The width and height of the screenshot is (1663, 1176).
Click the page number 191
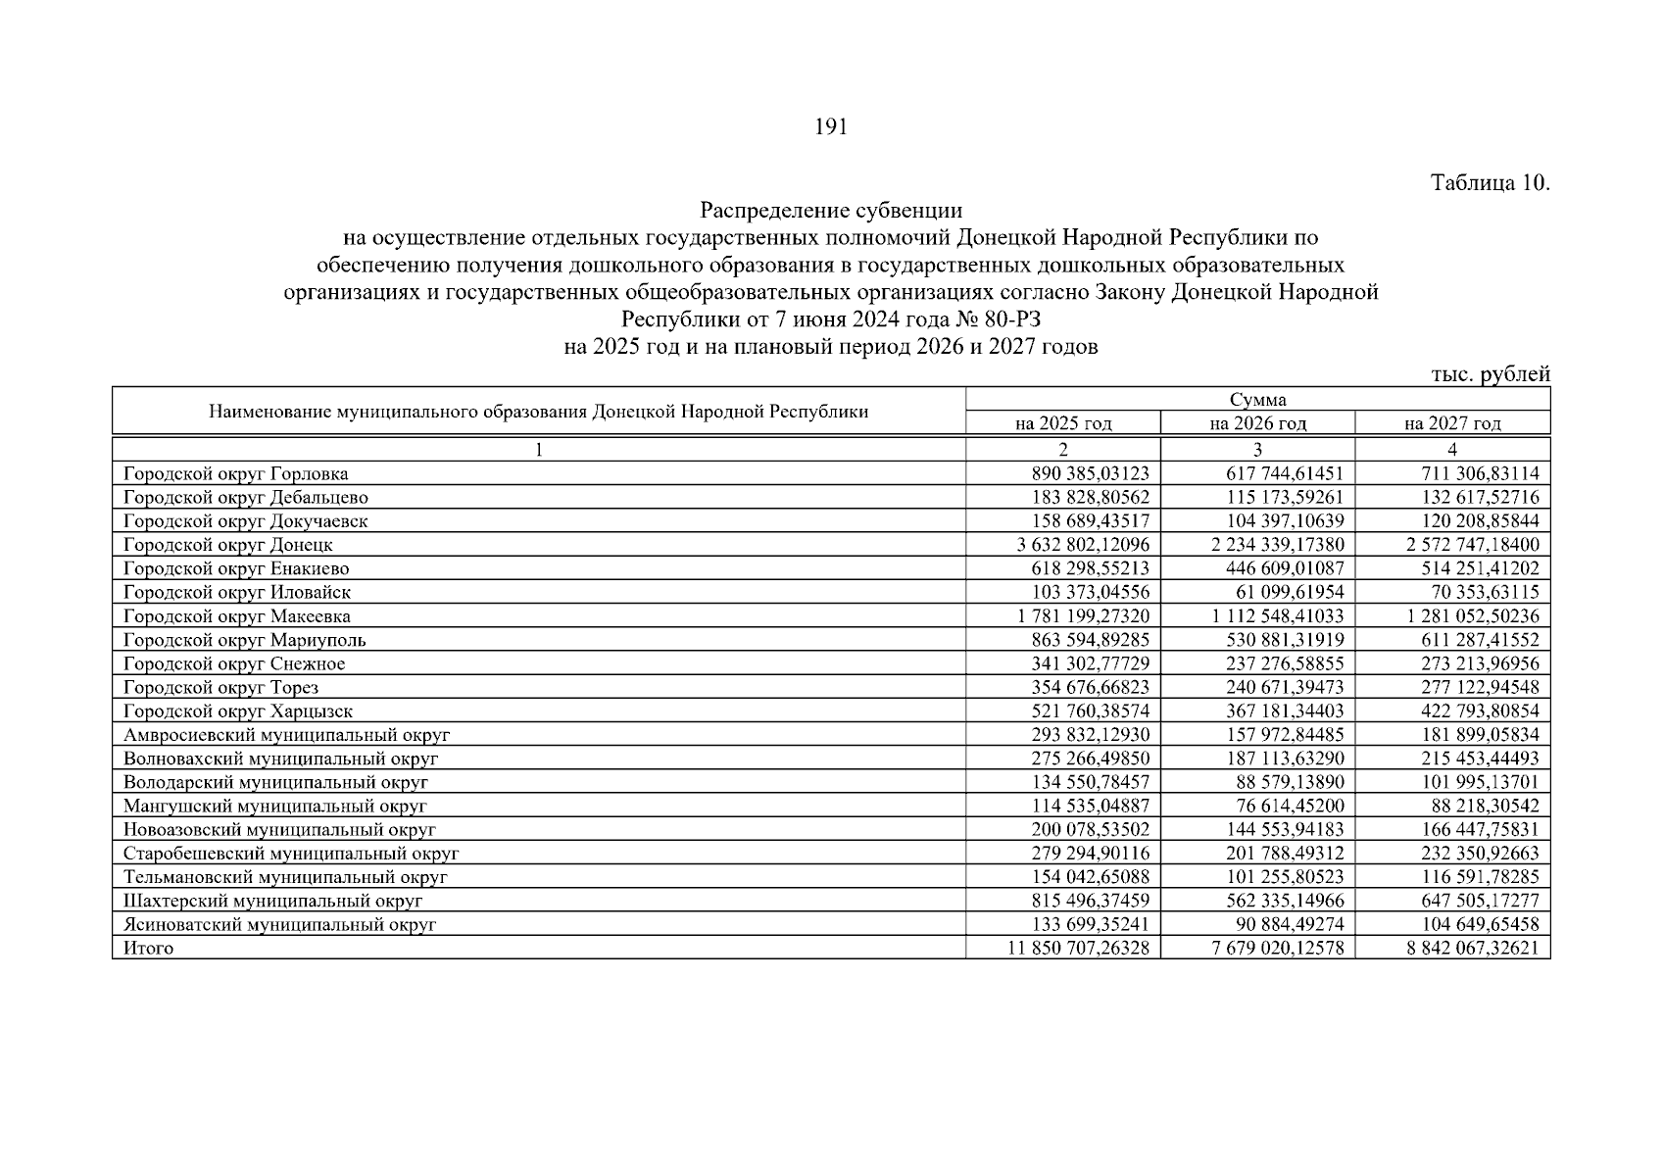830,127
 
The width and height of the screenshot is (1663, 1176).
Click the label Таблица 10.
1490,183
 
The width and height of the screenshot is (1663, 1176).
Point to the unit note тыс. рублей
1490,373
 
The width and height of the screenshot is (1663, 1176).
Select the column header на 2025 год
1063,423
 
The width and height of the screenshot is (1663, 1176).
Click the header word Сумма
1257,400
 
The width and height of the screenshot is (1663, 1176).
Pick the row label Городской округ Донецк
228,545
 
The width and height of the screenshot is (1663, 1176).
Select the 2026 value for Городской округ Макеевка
1277,616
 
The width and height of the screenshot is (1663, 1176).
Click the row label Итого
148,949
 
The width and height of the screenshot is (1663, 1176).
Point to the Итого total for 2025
1078,949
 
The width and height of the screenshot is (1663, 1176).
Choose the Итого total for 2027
1473,949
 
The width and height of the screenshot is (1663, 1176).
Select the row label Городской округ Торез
220,688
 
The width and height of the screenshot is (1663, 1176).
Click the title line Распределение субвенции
831,211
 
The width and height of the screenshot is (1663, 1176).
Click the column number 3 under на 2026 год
1257,450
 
